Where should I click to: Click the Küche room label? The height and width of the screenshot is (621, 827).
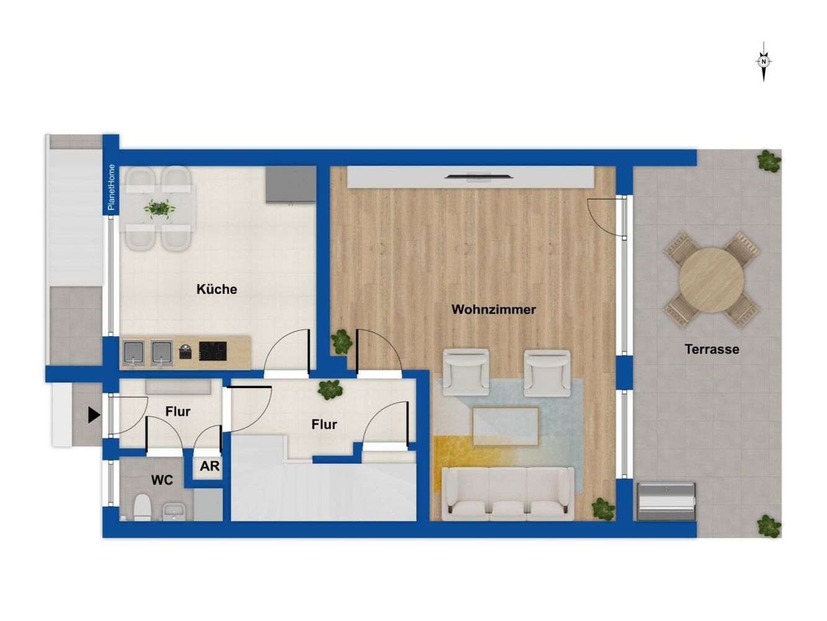(x=217, y=289)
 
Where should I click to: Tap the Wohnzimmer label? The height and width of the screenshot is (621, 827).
(x=493, y=309)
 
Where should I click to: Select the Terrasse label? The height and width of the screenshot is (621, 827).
(x=712, y=349)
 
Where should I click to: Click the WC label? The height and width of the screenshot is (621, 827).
(x=162, y=480)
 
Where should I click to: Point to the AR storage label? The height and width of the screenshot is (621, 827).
(x=210, y=466)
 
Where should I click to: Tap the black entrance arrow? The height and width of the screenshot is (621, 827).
(x=94, y=415)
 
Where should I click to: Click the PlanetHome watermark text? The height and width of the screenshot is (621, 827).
(x=111, y=188)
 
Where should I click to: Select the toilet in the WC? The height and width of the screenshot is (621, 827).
(x=143, y=507)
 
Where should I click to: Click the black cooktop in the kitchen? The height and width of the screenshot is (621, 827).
(x=213, y=351)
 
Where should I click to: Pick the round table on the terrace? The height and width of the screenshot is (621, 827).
(x=712, y=280)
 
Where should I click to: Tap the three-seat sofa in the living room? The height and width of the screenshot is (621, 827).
(x=508, y=494)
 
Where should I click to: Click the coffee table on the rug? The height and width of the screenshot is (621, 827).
(x=506, y=427)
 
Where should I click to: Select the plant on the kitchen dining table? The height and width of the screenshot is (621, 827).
(x=159, y=209)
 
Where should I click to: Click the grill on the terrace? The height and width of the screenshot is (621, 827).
(x=666, y=501)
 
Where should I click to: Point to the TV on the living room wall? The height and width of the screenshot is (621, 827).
(x=478, y=176)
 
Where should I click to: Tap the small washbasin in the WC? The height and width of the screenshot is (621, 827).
(x=174, y=512)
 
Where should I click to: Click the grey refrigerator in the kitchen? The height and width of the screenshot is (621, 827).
(x=290, y=185)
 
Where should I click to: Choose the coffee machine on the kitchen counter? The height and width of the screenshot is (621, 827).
(x=186, y=351)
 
